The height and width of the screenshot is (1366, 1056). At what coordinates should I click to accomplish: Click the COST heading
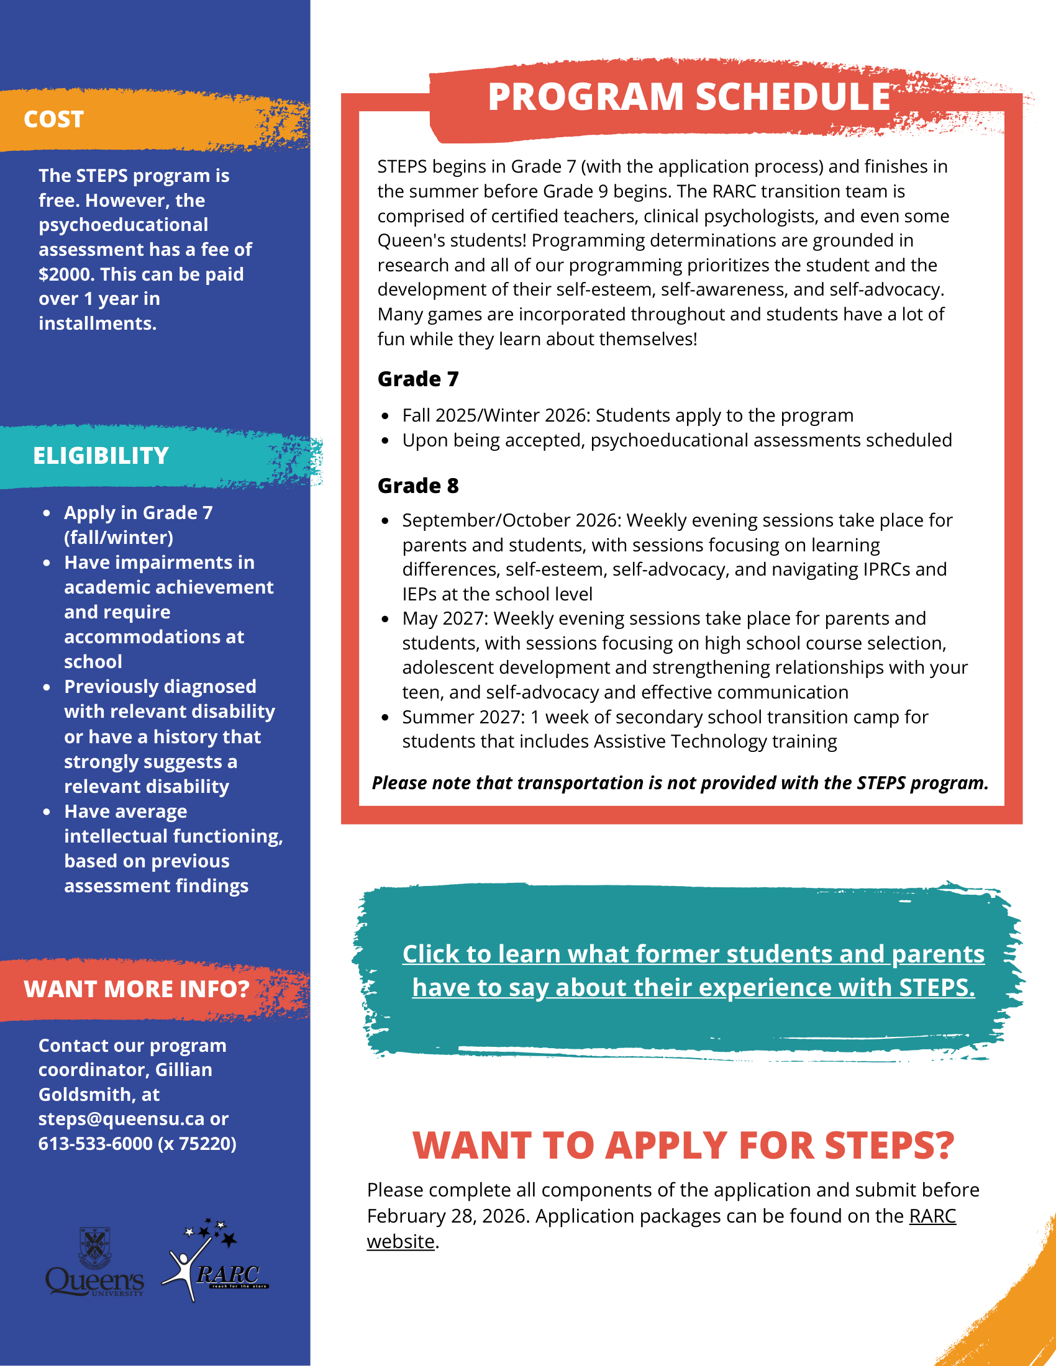[54, 119]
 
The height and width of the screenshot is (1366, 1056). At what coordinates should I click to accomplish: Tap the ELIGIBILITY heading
[101, 456]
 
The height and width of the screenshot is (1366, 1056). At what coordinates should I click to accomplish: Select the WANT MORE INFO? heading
[137, 989]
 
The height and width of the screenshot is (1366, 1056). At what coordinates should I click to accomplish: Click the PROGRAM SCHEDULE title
[689, 97]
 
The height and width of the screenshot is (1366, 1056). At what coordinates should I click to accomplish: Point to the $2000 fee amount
[64, 274]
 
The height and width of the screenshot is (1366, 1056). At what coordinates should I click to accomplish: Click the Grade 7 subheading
[418, 379]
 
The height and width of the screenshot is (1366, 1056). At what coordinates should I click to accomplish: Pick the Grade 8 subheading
[418, 486]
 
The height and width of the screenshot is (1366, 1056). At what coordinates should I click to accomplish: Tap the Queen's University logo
[94, 1264]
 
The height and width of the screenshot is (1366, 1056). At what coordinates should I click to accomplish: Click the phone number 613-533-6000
[95, 1143]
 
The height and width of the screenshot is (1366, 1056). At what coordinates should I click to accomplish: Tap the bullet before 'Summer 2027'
[385, 717]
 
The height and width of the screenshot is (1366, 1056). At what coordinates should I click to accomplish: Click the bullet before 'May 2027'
[385, 619]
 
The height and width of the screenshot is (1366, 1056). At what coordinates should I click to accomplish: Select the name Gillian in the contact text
[183, 1070]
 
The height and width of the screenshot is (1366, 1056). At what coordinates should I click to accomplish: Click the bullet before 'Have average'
[47, 812]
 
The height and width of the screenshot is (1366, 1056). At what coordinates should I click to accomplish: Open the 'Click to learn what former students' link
[693, 971]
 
